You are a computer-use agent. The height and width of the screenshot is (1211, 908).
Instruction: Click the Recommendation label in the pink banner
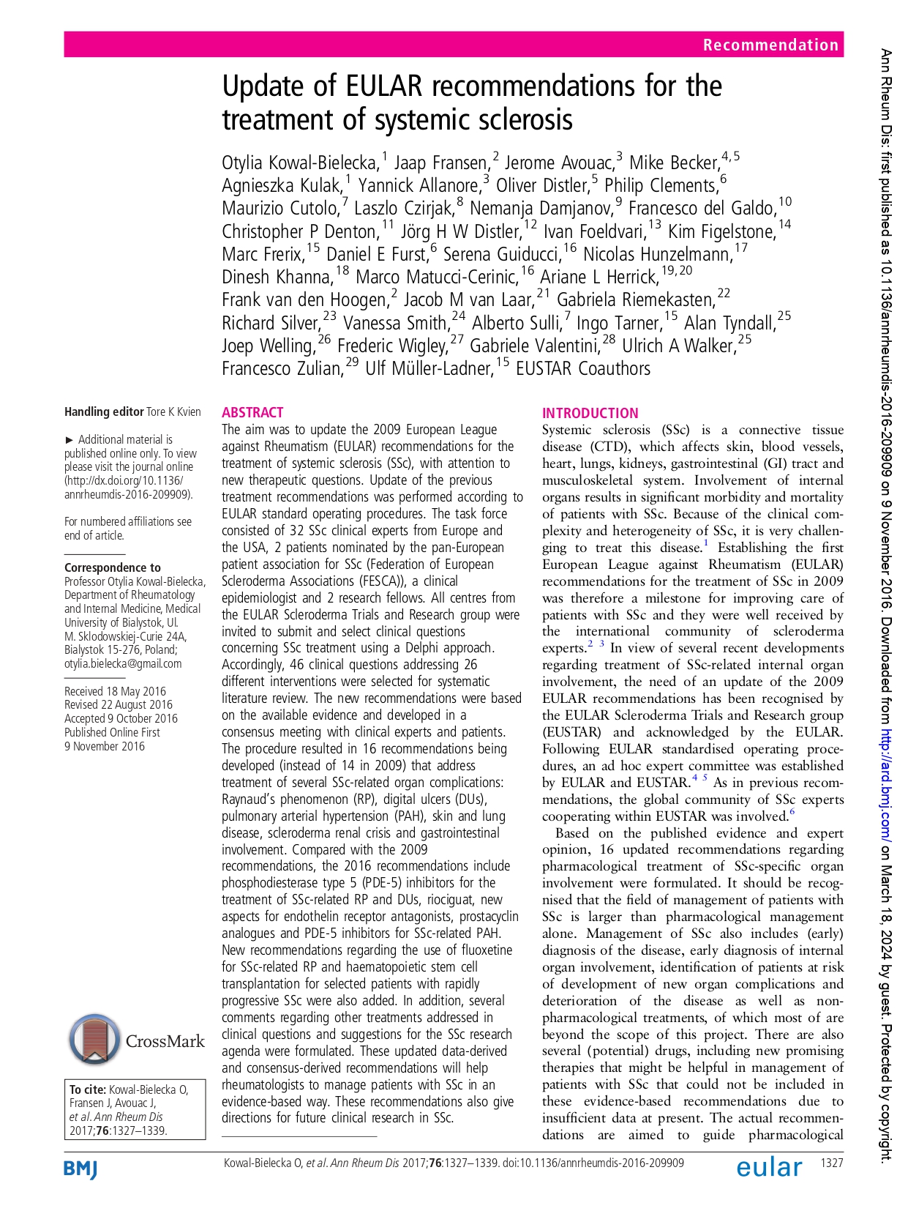click(x=770, y=45)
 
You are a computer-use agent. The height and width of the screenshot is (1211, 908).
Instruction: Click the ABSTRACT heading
click(x=252, y=412)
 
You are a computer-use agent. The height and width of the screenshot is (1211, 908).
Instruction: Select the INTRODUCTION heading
click(x=590, y=413)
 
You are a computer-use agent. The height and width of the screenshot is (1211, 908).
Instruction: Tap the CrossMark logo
click(x=137, y=1040)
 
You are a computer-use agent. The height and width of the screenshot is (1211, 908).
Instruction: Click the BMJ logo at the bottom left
click(x=80, y=1169)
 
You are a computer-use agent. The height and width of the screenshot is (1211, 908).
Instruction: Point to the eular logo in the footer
click(x=769, y=1167)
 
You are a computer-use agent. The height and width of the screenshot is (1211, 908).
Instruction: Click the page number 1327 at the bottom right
click(x=832, y=1163)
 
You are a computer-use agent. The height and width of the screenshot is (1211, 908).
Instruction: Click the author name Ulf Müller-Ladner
click(x=429, y=368)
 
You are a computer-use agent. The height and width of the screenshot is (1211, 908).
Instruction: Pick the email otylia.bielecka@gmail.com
click(x=123, y=663)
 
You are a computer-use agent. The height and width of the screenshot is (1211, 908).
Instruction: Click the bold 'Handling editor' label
click(x=104, y=411)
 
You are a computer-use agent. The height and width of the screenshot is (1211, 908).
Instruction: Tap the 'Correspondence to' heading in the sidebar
click(x=112, y=567)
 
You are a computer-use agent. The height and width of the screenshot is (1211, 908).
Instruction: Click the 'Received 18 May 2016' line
click(x=115, y=691)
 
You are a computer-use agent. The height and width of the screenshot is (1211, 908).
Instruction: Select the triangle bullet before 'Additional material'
click(x=70, y=439)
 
